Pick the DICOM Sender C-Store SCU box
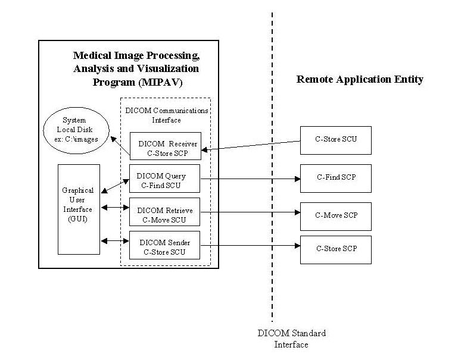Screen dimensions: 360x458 [x=164, y=246]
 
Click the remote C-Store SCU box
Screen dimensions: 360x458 [x=335, y=140]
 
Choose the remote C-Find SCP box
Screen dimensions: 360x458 [x=335, y=178]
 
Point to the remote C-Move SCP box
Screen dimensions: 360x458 [x=335, y=215]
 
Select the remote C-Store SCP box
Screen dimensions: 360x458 [x=335, y=249]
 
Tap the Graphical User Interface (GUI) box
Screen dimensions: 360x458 [x=77, y=209]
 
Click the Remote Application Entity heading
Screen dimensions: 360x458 [x=359, y=80]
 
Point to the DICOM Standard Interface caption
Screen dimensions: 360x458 [x=291, y=339]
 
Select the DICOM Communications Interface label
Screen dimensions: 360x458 [x=166, y=115]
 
